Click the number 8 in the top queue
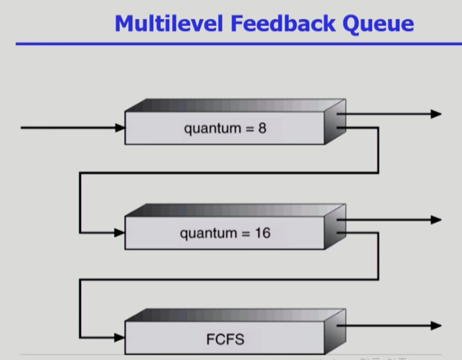[262, 128]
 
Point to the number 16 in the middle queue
[262, 233]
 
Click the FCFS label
[225, 339]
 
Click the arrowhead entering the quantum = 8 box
[120, 128]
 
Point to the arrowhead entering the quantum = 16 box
[120, 233]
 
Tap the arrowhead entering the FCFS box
[120, 337]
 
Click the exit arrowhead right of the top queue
[436, 114]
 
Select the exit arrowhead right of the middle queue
[436, 220]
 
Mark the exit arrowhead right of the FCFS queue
[436, 326]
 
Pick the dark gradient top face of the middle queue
[233, 210]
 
